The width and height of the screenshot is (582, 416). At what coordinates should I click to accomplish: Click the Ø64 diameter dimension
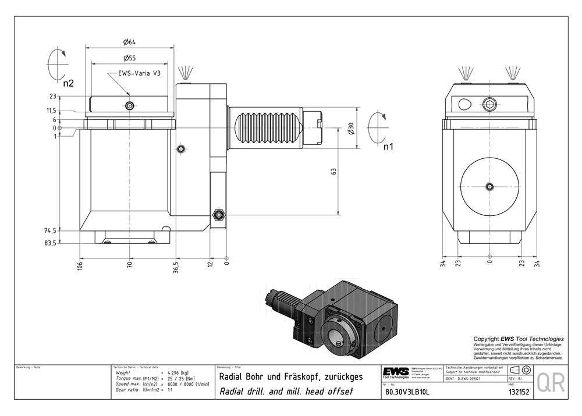point(129,42)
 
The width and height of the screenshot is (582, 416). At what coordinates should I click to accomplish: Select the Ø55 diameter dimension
point(129,58)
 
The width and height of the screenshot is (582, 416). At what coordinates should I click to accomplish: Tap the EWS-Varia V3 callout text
point(139,74)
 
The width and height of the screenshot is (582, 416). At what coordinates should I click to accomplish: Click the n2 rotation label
point(68,83)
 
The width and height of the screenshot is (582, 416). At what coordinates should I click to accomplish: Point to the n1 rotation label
point(388,147)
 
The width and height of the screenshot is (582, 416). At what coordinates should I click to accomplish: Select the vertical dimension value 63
point(333,172)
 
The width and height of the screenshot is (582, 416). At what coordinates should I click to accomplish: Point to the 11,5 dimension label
point(67,111)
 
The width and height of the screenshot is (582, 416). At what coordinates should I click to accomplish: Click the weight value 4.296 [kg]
point(178,372)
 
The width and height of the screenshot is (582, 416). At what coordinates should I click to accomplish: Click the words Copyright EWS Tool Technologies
point(518,339)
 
